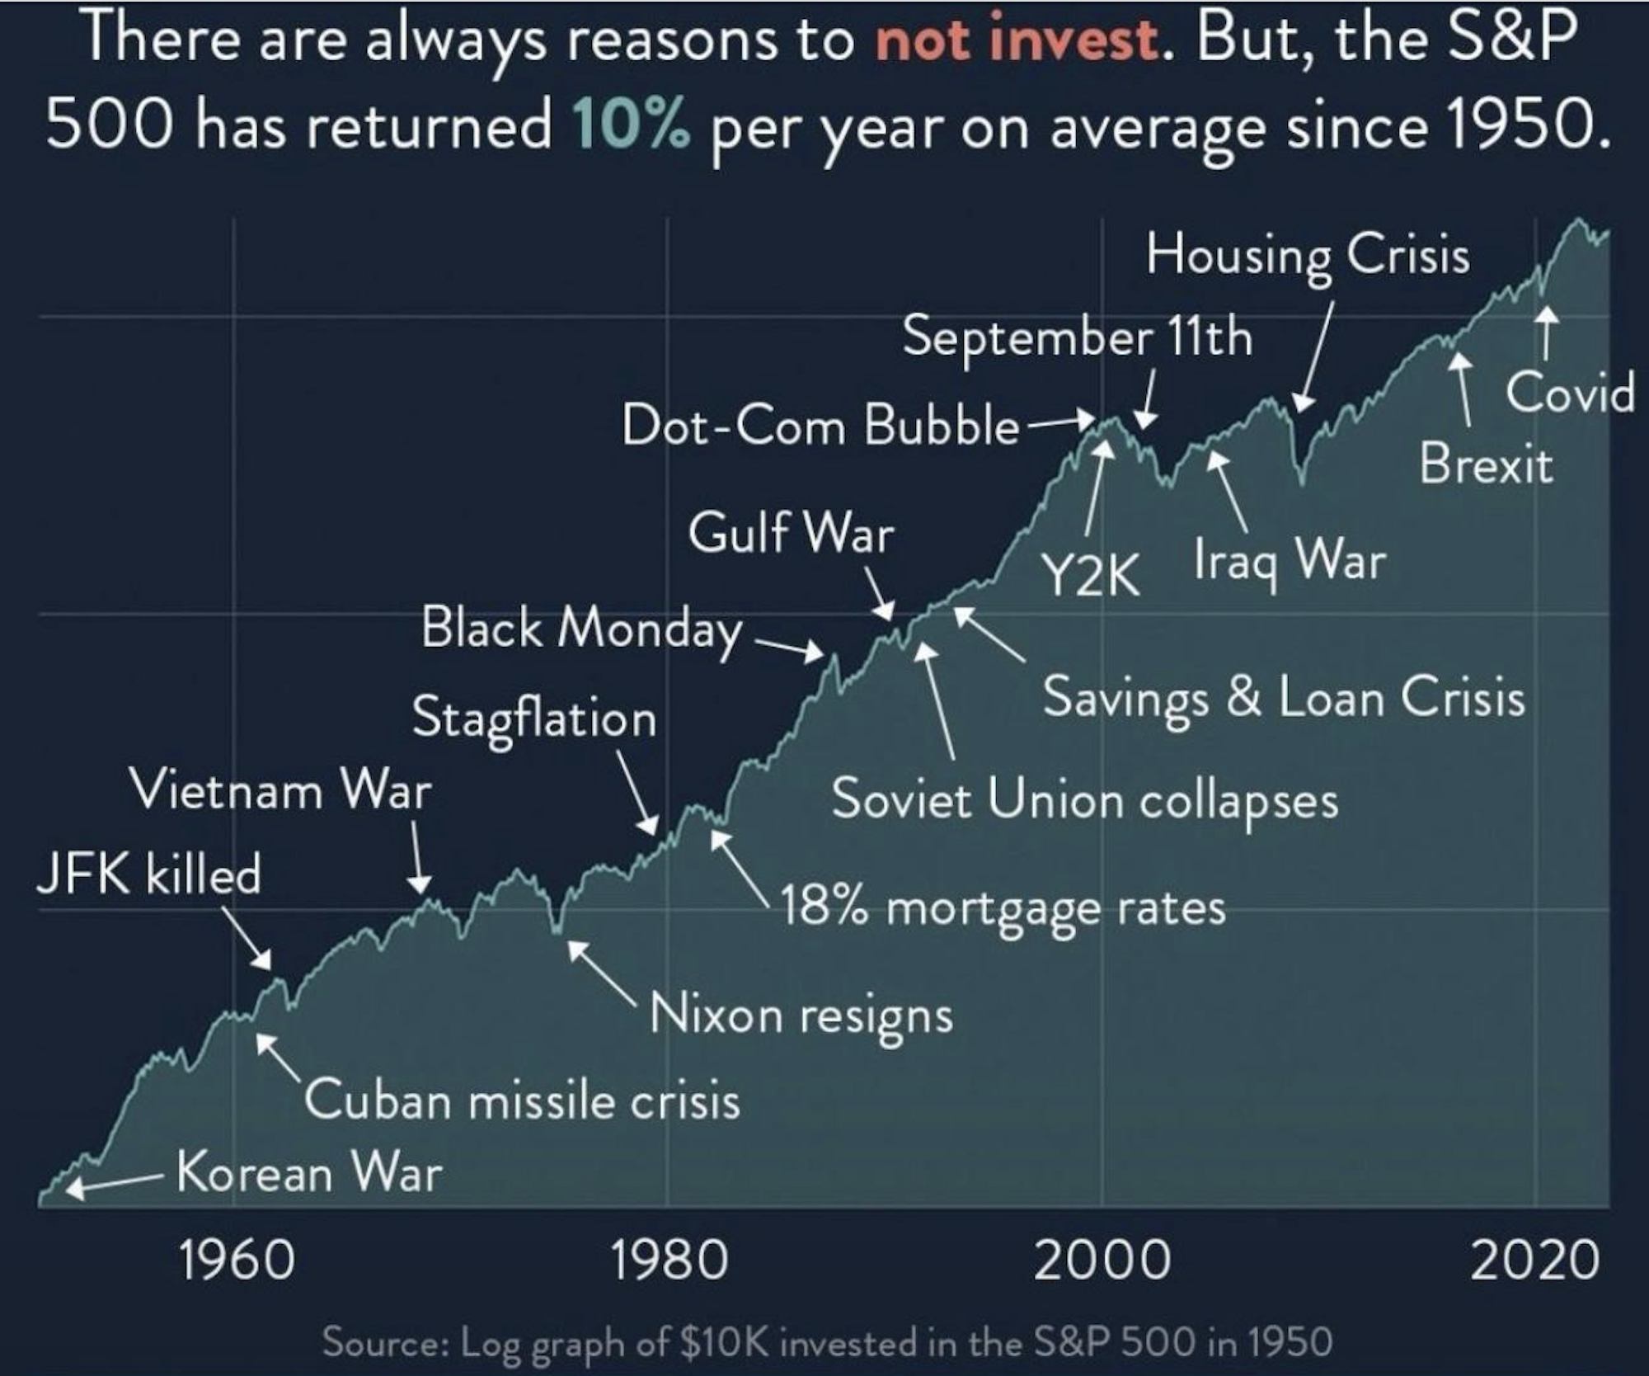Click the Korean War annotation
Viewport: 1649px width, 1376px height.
click(309, 1172)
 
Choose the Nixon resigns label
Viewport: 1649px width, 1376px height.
click(801, 1015)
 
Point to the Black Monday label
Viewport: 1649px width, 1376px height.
click(582, 629)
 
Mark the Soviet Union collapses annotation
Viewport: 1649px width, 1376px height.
click(1085, 800)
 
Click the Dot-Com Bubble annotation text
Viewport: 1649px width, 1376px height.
click(820, 426)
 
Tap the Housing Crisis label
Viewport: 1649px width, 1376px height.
click(1308, 254)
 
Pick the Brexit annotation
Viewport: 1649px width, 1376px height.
click(1486, 464)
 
